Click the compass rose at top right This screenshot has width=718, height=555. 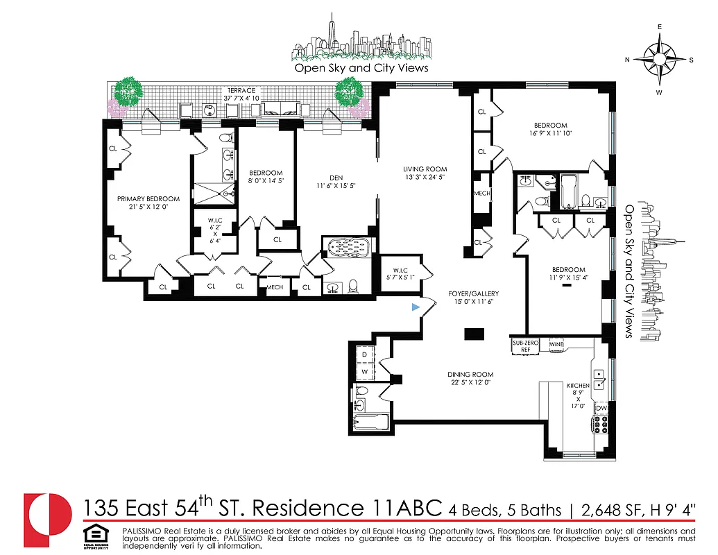click(659, 59)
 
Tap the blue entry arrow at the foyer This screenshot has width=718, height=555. click(416, 307)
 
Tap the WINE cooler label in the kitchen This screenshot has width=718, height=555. click(556, 344)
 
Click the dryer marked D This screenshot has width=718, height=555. click(365, 355)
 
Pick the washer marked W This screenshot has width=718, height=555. click(365, 372)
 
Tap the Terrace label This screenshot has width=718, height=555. click(239, 90)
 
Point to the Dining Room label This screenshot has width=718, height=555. click(470, 375)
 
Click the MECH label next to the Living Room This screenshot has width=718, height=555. click(481, 194)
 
